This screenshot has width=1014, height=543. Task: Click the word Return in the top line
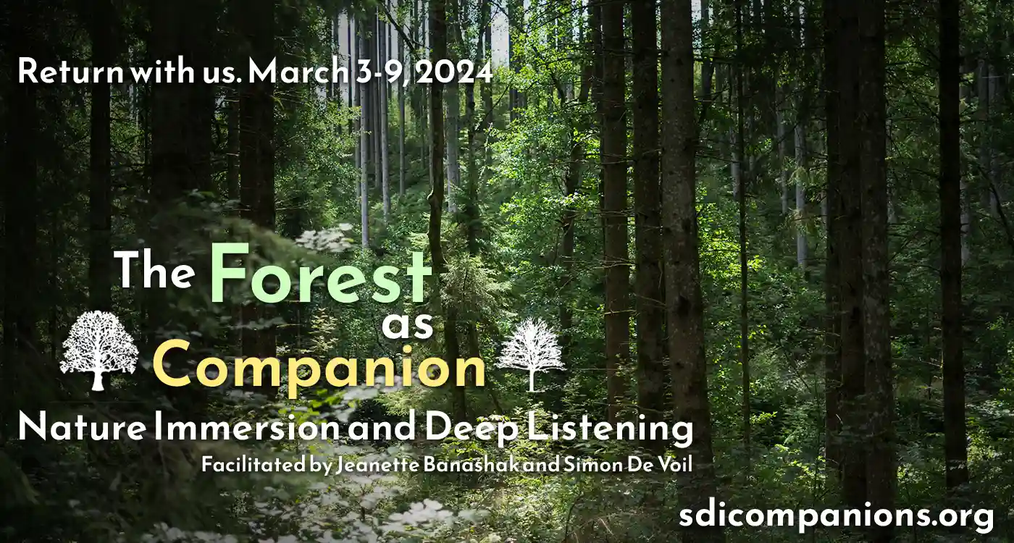coord(71,72)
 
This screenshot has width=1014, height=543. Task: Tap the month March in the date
coord(298,71)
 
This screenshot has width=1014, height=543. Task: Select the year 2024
coord(453,72)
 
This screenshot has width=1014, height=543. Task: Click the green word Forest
coord(320,274)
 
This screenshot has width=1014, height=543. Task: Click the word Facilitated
coord(253,465)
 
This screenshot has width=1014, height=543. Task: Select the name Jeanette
coord(376,465)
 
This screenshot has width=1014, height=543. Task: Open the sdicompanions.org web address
coord(837,516)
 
